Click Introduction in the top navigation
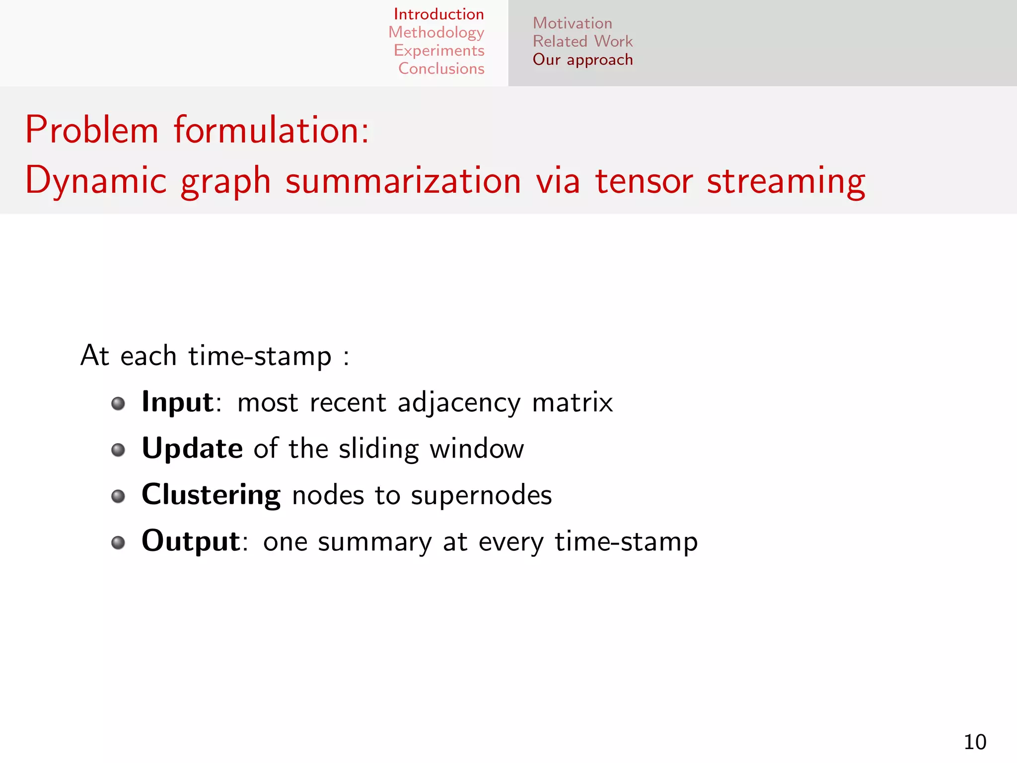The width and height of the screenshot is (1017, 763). (438, 14)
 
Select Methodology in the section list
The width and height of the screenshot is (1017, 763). (436, 32)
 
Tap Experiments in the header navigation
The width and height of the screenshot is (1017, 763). (438, 51)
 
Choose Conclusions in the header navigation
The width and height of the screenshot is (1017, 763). (441, 69)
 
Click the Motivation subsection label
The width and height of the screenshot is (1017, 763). (572, 23)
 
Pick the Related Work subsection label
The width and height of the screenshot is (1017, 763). (582, 41)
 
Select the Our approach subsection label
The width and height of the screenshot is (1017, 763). (582, 60)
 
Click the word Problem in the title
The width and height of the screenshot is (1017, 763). (92, 130)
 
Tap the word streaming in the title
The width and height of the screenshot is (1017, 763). (786, 181)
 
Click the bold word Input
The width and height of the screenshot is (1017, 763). (177, 402)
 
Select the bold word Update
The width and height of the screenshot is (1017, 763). (192, 449)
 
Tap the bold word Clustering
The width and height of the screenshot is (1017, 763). (211, 495)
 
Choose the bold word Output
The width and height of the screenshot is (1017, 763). (191, 541)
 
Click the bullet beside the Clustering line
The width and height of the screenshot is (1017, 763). (118, 496)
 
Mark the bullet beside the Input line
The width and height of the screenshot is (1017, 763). (118, 403)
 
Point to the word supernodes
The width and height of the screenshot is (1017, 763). (481, 496)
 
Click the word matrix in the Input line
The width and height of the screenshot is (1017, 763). (572, 402)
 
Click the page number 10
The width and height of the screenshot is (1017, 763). (974, 742)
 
